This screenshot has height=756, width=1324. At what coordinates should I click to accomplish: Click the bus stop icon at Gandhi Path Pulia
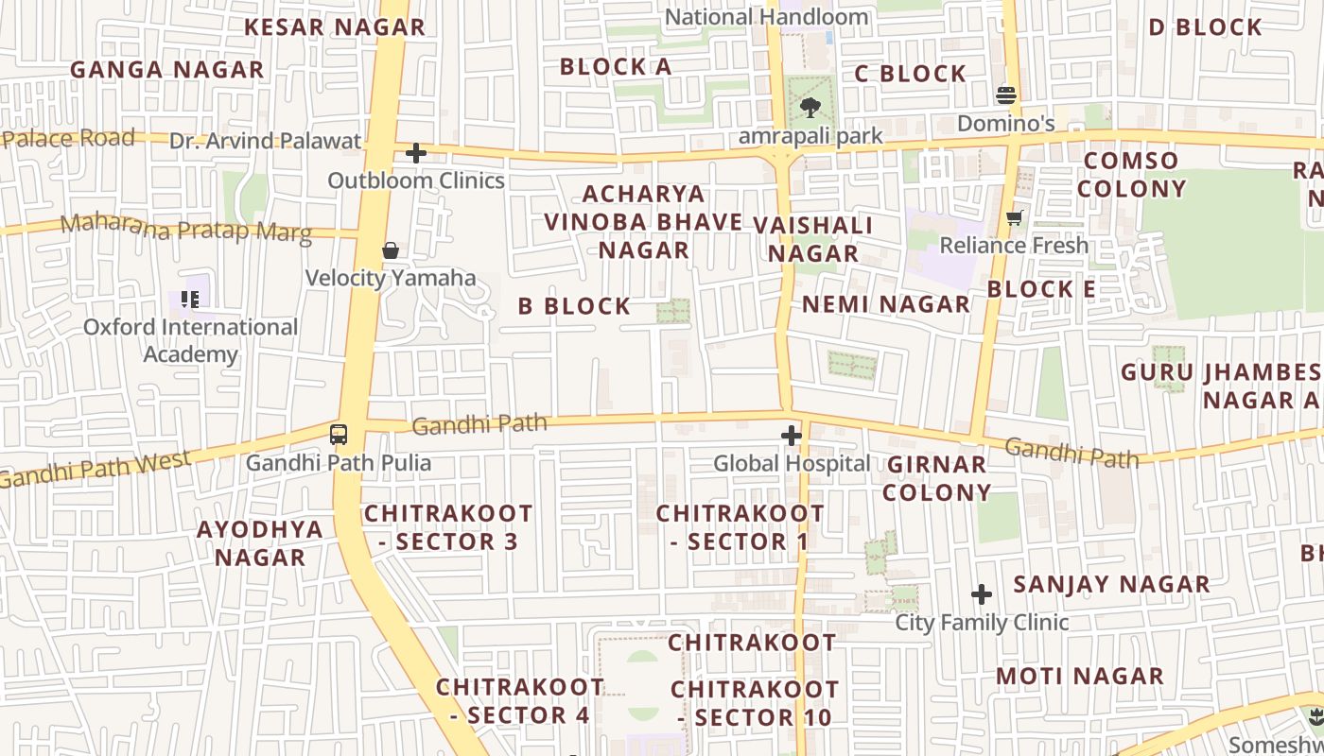339,435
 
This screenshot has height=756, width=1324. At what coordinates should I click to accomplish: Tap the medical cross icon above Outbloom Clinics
416,153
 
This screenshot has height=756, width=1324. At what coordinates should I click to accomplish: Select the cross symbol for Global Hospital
792,436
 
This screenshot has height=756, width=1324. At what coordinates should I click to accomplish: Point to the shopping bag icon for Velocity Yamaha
391,250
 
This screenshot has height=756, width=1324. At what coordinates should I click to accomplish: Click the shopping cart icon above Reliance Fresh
1015,218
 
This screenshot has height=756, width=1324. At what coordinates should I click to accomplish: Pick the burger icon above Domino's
1005,94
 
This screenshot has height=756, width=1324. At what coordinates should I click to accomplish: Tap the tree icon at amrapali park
810,108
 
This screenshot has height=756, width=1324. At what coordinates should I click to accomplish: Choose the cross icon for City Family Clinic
982,594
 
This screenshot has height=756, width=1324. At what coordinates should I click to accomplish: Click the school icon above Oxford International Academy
190,300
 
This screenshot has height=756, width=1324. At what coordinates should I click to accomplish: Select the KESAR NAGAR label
335,27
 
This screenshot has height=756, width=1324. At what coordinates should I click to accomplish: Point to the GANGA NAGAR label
167,70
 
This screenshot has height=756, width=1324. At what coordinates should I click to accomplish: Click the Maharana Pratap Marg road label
185,229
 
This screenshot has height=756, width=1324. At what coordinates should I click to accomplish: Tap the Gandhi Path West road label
95,470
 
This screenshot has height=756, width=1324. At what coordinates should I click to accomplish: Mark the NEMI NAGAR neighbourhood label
886,304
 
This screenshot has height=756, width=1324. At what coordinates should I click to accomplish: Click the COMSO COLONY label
1131,175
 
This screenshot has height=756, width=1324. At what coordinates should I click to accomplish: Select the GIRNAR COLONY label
937,478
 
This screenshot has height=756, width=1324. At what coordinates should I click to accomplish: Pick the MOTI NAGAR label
1079,677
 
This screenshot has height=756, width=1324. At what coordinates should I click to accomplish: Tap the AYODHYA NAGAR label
260,543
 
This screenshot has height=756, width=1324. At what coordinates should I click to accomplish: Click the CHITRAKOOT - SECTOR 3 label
448,527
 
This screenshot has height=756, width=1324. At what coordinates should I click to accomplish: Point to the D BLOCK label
1205,27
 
